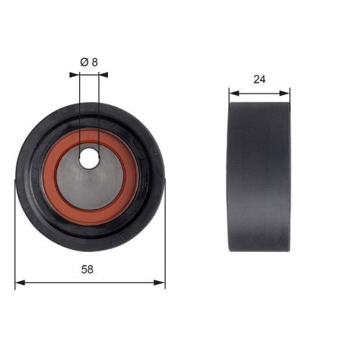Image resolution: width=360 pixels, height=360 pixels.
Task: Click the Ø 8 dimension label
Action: click(x=89, y=62)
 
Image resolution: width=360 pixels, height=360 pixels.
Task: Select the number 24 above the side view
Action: click(x=259, y=80)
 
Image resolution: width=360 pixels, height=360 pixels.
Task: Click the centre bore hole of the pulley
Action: click(x=89, y=159)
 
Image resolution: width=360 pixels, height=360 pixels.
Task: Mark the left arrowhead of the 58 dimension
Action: click(x=19, y=282)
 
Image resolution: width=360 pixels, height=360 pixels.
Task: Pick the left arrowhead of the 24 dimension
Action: click(x=232, y=92)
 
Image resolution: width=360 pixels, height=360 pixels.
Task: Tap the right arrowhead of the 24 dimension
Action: click(x=287, y=92)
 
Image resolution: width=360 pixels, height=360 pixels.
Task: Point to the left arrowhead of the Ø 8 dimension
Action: click(x=73, y=73)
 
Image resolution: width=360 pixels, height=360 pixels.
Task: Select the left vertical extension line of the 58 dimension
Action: click(x=15, y=238)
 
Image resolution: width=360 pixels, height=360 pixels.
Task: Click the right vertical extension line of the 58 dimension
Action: click(x=165, y=238)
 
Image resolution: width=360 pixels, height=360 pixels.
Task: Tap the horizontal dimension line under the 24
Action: click(x=259, y=92)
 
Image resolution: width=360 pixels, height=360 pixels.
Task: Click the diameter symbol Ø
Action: click(x=84, y=62)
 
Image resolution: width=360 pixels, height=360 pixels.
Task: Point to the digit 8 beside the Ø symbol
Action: click(x=94, y=62)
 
